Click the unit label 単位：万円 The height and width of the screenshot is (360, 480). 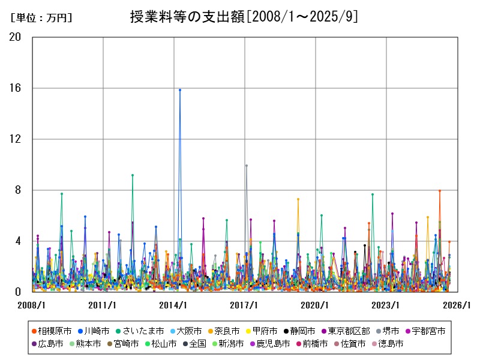[x=41, y=18]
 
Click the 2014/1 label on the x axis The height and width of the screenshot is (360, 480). [x=173, y=305]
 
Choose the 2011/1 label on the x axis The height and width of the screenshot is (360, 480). [x=103, y=305]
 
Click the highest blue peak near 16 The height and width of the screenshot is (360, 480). [x=180, y=90]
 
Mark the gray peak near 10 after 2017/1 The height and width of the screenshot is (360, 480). [x=246, y=166]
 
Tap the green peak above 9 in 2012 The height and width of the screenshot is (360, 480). [x=133, y=175]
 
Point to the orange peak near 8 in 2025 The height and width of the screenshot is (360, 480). [x=440, y=191]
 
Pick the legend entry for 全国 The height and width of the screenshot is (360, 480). [x=199, y=344]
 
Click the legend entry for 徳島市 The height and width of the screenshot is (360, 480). [x=388, y=344]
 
